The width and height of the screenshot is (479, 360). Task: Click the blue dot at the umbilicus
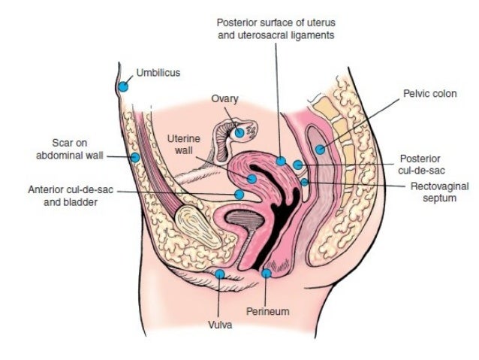coord(123,86)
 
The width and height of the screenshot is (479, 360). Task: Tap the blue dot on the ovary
coord(239,132)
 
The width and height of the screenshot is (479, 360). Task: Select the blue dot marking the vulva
coord(219,274)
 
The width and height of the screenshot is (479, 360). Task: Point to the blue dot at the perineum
coord(267,273)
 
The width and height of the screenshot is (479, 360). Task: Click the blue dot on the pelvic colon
coord(321,149)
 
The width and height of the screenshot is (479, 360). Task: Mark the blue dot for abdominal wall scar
coord(135,157)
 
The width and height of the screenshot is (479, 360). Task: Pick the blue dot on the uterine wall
coord(252,179)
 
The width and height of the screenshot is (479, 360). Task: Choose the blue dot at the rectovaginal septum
coord(304,181)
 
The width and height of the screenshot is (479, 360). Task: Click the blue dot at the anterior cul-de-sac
coord(239,194)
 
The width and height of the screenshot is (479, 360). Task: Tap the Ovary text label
coord(224,98)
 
